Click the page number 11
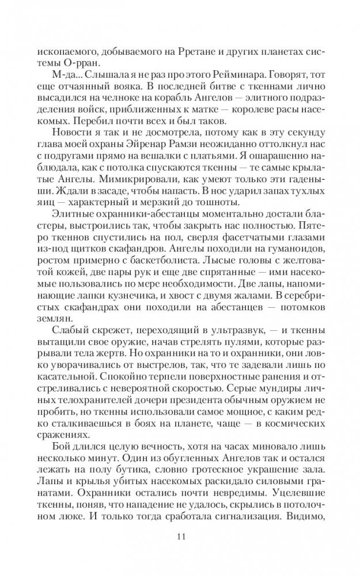[180, 538]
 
